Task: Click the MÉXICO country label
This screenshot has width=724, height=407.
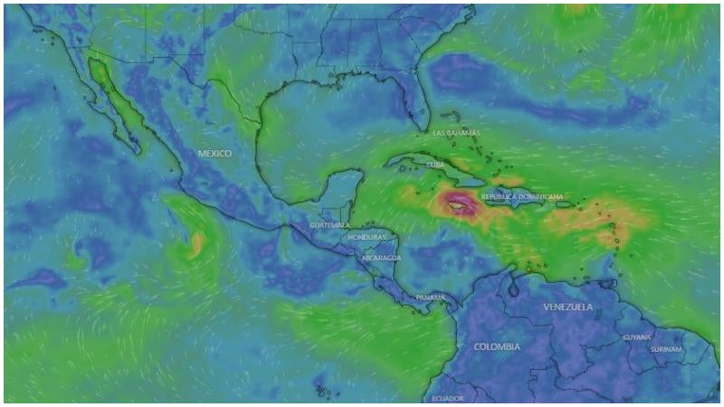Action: click(x=214, y=154)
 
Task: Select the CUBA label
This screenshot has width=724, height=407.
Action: click(x=435, y=165)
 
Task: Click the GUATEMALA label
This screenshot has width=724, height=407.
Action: click(x=329, y=225)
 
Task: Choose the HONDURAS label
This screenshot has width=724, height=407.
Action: click(x=367, y=237)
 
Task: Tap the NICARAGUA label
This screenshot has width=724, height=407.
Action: click(x=381, y=258)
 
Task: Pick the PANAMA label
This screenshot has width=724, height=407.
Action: click(x=430, y=298)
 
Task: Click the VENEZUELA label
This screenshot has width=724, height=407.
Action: click(x=568, y=308)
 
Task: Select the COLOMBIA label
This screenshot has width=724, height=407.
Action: click(x=497, y=346)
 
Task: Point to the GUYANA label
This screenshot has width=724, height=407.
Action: click(x=636, y=337)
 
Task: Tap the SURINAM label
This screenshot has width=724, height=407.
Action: click(x=665, y=348)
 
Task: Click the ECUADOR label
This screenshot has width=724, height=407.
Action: click(x=448, y=398)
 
